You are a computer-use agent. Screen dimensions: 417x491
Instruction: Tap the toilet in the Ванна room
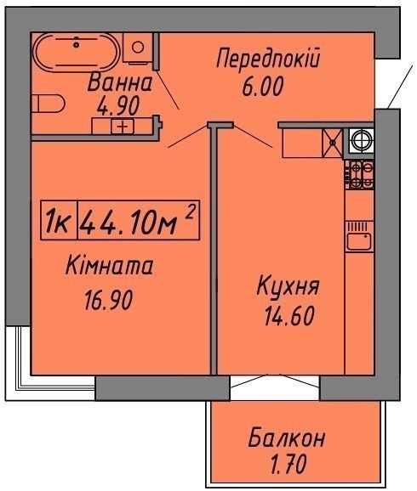click(x=48, y=104)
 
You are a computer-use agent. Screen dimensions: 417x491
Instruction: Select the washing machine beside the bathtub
click(x=137, y=48)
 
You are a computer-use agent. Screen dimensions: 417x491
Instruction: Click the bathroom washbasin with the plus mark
click(x=123, y=127)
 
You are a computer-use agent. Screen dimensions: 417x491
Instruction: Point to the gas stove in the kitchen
click(x=359, y=175)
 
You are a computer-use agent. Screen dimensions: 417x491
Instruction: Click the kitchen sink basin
click(x=359, y=240)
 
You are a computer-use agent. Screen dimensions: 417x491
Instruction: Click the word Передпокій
click(x=268, y=59)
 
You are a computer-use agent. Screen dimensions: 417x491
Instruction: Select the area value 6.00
click(x=263, y=87)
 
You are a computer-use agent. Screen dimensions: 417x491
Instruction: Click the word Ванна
click(x=120, y=83)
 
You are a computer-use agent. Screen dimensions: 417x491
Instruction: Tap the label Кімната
click(x=110, y=266)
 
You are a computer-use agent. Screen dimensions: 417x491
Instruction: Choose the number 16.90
click(x=109, y=300)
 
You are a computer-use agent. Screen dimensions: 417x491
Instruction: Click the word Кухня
click(x=288, y=286)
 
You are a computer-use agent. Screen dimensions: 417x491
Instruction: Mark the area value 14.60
click(x=289, y=316)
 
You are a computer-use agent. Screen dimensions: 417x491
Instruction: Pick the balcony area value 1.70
click(x=288, y=465)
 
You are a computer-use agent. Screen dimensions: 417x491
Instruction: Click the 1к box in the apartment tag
click(x=59, y=220)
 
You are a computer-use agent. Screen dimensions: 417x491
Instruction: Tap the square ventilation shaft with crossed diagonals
click(x=332, y=143)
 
